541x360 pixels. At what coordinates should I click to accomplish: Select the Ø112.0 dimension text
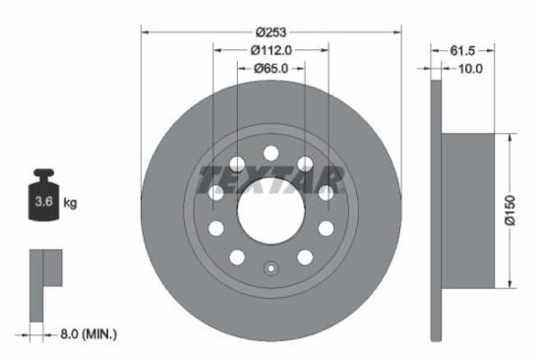tap(270, 50)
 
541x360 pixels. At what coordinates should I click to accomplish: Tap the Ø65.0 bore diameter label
tap(270, 69)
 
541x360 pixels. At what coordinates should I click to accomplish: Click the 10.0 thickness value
tap(471, 69)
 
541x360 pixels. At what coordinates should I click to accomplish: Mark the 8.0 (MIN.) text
tap(87, 335)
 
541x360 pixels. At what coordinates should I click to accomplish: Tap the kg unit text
tap(71, 203)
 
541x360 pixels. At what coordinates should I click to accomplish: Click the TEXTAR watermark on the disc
tap(270, 180)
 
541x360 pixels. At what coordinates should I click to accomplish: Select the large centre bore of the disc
tap(270, 210)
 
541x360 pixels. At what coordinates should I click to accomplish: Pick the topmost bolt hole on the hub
tap(270, 151)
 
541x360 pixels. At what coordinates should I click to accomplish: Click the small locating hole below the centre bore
tap(270, 266)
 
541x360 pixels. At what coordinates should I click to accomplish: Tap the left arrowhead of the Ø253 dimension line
tap(147, 31)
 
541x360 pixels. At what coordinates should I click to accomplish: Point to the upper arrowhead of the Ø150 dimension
tap(511, 140)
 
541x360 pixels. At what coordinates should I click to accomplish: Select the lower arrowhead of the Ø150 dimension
tap(511, 284)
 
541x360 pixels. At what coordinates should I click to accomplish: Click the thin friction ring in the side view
tap(437, 211)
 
